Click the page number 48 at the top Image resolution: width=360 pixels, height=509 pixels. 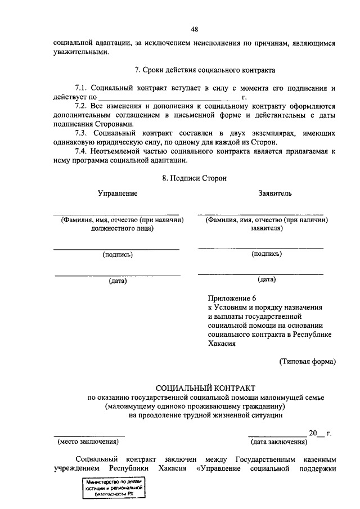coord(194,29)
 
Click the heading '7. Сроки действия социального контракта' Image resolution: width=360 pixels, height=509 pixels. coord(205,71)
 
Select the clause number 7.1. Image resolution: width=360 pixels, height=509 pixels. coord(82,88)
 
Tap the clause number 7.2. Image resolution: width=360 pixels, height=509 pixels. coord(82,106)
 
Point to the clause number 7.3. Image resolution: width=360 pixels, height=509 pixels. coord(82,133)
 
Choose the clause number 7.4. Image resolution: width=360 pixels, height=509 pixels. coord(82,151)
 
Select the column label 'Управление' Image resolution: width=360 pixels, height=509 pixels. coord(118,193)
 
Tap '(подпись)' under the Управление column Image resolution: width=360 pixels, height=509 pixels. coord(118,255)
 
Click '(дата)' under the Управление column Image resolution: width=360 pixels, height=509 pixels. coord(118,281)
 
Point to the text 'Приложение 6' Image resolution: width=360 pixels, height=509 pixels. coord(231,298)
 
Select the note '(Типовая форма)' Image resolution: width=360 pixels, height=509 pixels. coord(307,362)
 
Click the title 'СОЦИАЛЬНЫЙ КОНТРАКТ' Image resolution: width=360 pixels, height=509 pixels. coord(205,388)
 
